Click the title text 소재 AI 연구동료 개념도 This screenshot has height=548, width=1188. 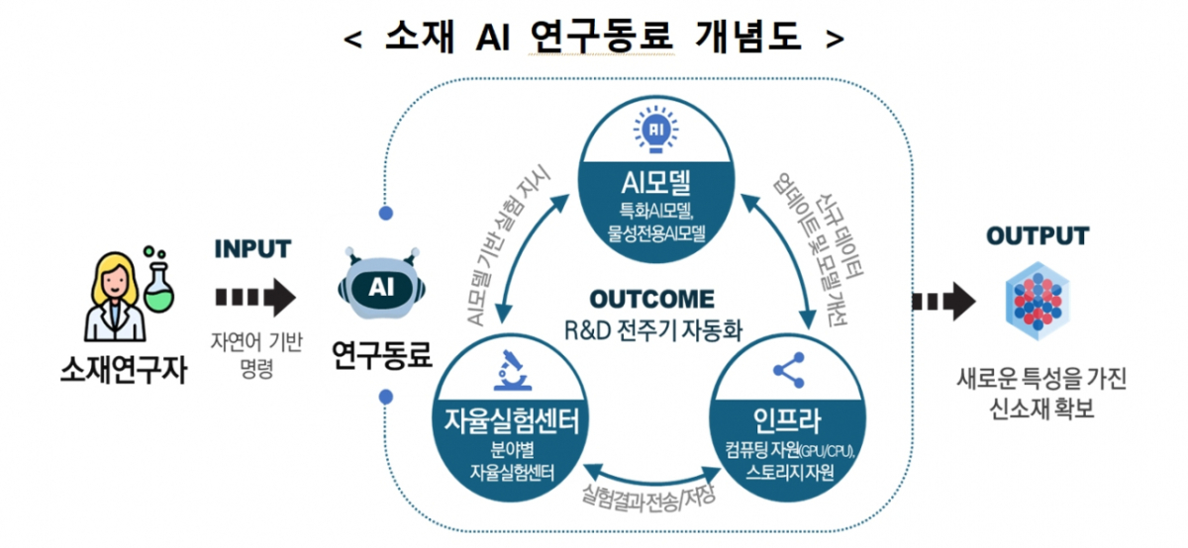pyautogui.click(x=594, y=37)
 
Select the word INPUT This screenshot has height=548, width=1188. pyautogui.click(x=252, y=247)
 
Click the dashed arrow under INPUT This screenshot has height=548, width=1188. pyautogui.click(x=254, y=295)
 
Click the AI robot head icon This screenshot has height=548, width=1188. pyautogui.click(x=382, y=287)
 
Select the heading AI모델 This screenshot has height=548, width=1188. pyautogui.click(x=656, y=182)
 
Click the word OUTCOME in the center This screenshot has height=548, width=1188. pyautogui.click(x=650, y=299)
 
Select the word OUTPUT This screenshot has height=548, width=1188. pyautogui.click(x=1037, y=235)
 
